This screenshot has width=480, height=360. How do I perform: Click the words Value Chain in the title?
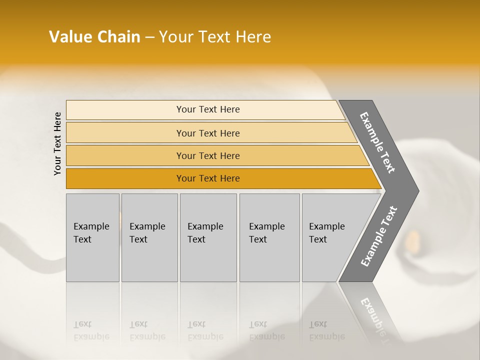click(94, 37)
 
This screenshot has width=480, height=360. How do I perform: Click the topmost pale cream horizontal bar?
click(125, 110)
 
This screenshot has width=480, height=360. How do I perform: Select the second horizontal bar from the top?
click(125, 133)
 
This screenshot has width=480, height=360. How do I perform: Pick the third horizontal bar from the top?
click(125, 156)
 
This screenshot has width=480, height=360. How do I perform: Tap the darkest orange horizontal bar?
click(125, 178)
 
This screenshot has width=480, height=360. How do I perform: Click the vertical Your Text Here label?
click(57, 143)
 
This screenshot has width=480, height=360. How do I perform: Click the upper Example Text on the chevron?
click(377, 142)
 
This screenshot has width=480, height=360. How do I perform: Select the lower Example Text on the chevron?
click(378, 236)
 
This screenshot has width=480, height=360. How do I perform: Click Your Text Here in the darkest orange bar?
click(208, 178)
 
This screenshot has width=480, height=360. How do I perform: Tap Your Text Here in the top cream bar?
click(208, 109)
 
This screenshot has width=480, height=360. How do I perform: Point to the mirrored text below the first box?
click(91, 330)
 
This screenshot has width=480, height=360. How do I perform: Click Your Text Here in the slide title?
click(215, 37)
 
